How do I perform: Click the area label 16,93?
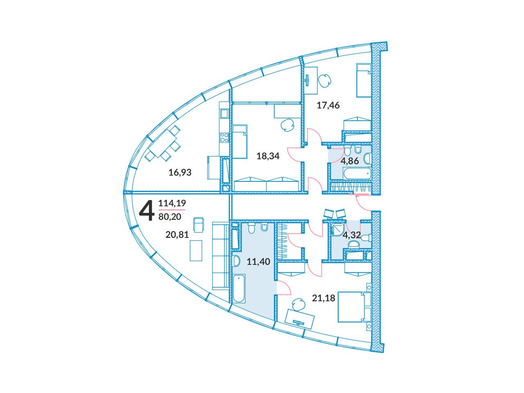coord(180,172)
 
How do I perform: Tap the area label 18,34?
coord(268,156)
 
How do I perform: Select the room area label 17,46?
coord(328,105)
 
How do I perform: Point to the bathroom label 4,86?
coord(350,161)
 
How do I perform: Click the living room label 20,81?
coord(177,235)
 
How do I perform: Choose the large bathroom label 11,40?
coord(258,262)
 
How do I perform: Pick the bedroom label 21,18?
coord(323,298)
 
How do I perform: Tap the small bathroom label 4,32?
coord(352,235)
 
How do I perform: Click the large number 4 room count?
coord(147,211)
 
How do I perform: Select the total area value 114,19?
coord(172,203)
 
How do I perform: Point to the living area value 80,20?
coord(170,217)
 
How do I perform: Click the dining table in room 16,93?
coord(163,143)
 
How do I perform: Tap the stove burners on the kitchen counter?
coord(224,138)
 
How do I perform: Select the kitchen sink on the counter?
coord(224,113)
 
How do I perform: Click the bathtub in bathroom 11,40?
coord(239,289)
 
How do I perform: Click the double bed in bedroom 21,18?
coord(354,307)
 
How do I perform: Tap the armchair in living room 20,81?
coord(199,224)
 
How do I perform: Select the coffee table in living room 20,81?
coord(196,251)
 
